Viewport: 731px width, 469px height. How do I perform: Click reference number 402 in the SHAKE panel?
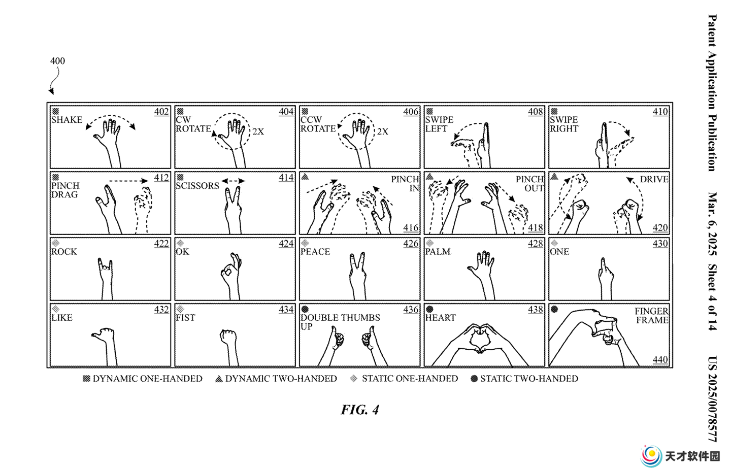pyautogui.click(x=161, y=112)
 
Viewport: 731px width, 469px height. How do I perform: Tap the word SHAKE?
pyautogui.click(x=67, y=120)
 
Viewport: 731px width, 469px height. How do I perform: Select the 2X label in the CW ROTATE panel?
pyautogui.click(x=258, y=131)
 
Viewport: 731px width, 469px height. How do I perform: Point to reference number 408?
pyautogui.click(x=536, y=112)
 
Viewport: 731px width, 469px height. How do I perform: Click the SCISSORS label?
pyautogui.click(x=197, y=186)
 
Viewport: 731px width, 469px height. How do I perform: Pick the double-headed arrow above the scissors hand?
pyautogui.click(x=233, y=181)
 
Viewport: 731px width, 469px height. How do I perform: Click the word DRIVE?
pyautogui.click(x=654, y=179)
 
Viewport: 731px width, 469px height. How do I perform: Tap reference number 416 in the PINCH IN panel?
pyautogui.click(x=411, y=227)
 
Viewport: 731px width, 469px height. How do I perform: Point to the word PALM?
pyautogui.click(x=438, y=252)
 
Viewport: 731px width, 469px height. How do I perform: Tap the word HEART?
pyautogui.click(x=440, y=318)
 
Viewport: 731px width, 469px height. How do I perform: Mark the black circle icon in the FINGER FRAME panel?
pyautogui.click(x=554, y=309)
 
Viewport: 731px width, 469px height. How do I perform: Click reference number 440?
pyautogui.click(x=660, y=360)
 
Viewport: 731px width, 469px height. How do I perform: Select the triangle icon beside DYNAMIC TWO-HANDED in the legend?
pyautogui.click(x=219, y=379)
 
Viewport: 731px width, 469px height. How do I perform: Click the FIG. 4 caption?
pyautogui.click(x=359, y=410)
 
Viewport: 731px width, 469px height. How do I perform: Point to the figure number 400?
pyautogui.click(x=57, y=61)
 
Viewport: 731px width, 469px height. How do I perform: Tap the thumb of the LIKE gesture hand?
pyautogui.click(x=96, y=335)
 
